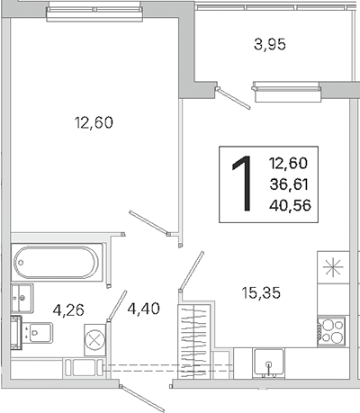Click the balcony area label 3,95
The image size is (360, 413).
point(270,45)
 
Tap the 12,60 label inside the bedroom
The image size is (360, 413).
point(94,122)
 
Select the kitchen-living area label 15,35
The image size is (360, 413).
point(261,292)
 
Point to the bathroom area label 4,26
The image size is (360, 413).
point(68,310)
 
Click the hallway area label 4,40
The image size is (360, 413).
point(144,309)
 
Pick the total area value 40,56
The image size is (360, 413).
point(290,205)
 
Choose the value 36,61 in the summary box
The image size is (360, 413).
point(289,184)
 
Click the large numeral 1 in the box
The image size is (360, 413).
point(242,184)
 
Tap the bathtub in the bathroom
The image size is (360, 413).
point(57,263)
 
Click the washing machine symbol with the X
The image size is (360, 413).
point(95,340)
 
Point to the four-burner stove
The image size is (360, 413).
point(331,332)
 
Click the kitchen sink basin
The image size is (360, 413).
point(269,362)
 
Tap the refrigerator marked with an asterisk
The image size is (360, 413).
point(333,267)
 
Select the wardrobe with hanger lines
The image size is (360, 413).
point(193,341)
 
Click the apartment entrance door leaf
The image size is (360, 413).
point(143,398)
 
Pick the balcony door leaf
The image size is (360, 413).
point(233,98)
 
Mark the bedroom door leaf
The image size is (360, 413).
point(149,223)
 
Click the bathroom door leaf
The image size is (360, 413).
point(117,306)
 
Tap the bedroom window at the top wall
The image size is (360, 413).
point(94,14)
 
